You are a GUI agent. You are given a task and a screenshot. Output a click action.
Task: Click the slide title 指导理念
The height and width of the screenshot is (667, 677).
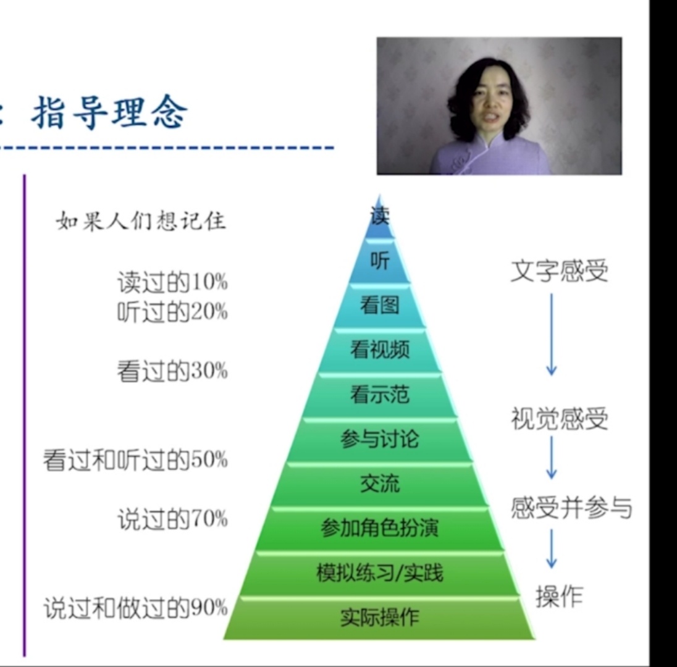(x=110, y=112)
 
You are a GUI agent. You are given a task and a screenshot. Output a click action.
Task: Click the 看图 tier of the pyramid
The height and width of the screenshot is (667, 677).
(x=379, y=306)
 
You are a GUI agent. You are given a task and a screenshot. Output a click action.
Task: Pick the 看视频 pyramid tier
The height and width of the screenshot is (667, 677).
(x=379, y=350)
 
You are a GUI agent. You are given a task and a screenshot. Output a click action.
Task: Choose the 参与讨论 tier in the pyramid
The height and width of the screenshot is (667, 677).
(x=379, y=440)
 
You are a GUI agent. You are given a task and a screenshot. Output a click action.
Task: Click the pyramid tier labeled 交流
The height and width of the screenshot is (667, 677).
(x=379, y=484)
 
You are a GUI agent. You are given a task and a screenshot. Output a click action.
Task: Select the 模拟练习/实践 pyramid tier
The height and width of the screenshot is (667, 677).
(x=379, y=574)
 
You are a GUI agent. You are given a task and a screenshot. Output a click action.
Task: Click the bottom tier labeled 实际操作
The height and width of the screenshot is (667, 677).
(x=379, y=618)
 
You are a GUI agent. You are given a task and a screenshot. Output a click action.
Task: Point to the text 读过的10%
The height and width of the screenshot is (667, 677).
(x=172, y=283)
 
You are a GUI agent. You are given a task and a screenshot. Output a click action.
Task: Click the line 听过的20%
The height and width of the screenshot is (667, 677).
(x=172, y=312)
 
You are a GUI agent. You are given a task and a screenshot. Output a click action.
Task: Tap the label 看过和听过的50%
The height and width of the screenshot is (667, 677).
(x=135, y=459)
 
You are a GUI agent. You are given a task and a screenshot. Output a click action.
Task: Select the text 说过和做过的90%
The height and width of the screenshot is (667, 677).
(x=135, y=608)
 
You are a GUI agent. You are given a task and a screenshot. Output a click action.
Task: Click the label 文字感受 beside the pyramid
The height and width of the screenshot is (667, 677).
(x=559, y=272)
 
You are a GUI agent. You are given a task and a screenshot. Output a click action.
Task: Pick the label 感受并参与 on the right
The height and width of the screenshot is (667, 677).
(x=571, y=508)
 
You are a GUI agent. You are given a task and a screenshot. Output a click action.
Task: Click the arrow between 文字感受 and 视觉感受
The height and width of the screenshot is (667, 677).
(x=552, y=335)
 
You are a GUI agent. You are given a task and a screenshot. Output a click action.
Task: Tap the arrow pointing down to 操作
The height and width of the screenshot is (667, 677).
(x=552, y=548)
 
